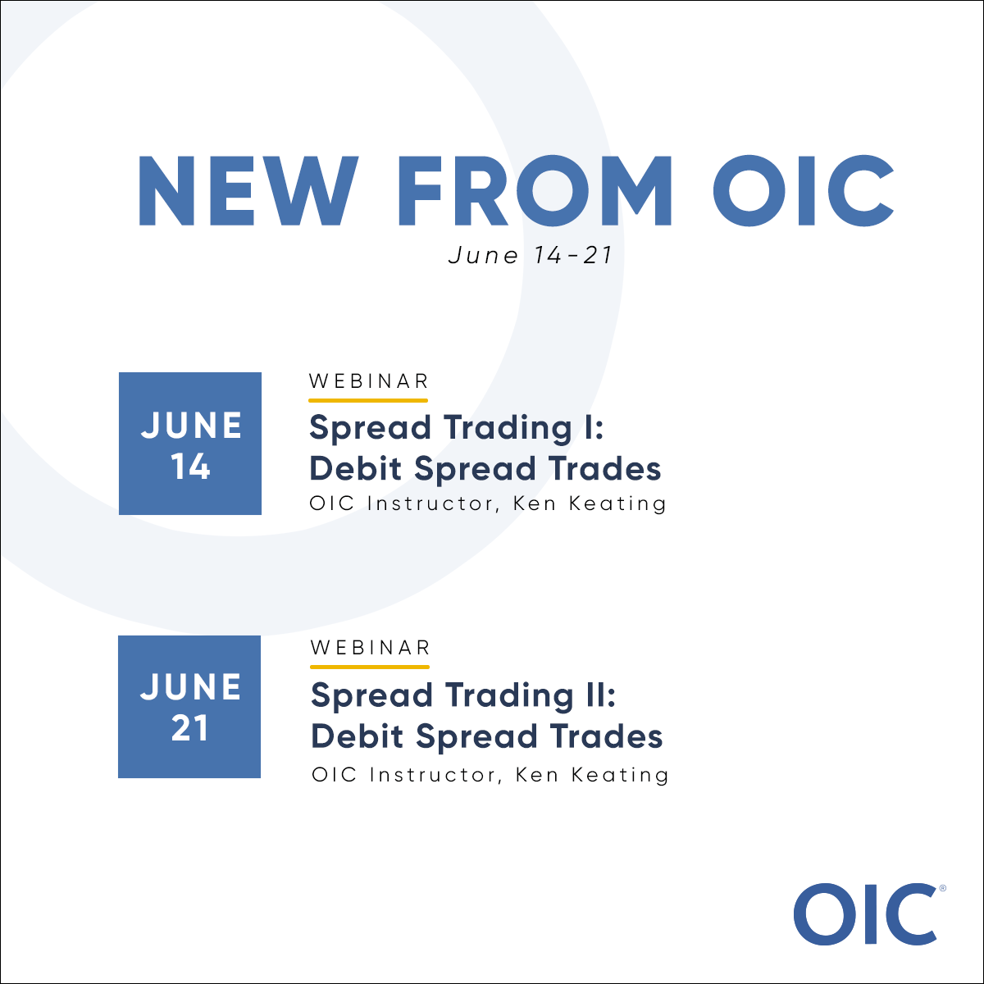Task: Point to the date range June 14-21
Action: coord(531,255)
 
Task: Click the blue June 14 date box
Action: coord(190,444)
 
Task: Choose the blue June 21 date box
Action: coord(189,707)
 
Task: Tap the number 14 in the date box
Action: coord(190,467)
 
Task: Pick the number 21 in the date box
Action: coord(189,729)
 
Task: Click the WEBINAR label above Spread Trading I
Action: coord(369,381)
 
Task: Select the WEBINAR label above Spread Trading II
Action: coord(371,647)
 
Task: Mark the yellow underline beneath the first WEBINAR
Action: coord(368,400)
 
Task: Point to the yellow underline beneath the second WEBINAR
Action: coord(370,667)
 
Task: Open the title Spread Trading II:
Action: coord(463,695)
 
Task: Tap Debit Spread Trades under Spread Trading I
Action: coord(485,468)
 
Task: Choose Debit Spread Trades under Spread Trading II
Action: coord(486,736)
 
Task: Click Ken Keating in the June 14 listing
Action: coord(590,503)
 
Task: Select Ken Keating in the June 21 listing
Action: coord(592,774)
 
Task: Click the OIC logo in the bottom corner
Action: coord(865,913)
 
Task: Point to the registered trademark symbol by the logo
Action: coord(942,888)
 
